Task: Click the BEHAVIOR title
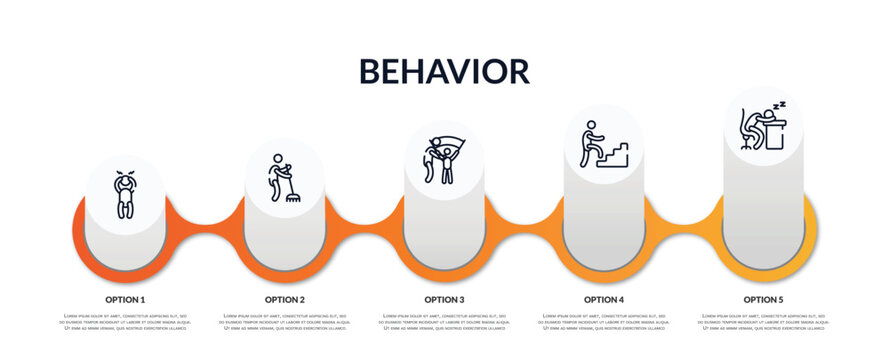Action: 444,71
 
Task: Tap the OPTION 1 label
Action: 125,299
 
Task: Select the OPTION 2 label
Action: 285,299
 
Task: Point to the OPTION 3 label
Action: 444,299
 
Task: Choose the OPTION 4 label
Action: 604,299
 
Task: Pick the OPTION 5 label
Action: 763,299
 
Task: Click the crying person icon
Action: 125,194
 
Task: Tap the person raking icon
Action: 283,178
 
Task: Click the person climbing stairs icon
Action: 603,144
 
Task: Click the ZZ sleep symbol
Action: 780,104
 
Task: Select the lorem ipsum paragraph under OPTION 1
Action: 125,323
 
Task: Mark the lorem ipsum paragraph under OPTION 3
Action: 444,323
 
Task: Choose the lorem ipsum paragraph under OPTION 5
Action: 763,323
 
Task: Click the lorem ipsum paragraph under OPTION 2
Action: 285,323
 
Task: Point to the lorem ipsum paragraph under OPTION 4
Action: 604,323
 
